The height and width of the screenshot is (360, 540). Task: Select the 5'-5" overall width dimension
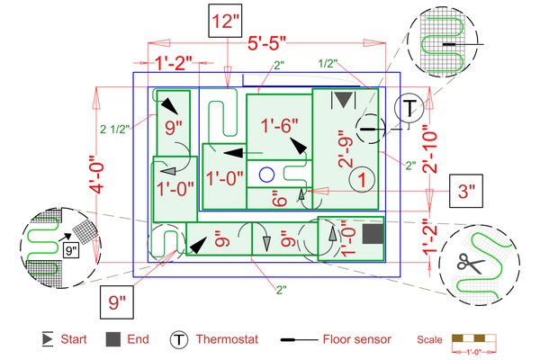tap(266, 43)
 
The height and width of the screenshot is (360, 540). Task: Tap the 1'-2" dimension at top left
tap(176, 65)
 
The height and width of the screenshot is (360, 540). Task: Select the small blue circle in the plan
tap(265, 174)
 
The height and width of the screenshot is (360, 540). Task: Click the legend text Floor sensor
tap(356, 340)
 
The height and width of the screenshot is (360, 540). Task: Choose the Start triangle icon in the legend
tap(47, 339)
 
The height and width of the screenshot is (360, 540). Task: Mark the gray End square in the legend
tap(112, 339)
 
